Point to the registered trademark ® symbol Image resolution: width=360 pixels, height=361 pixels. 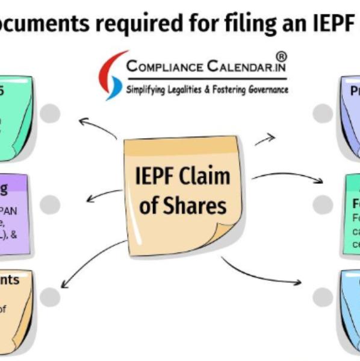pyautogui.click(x=281, y=57)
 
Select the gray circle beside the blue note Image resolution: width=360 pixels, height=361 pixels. pyautogui.click(x=323, y=296)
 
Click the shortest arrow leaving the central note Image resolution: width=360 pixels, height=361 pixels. pyautogui.click(x=265, y=140)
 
